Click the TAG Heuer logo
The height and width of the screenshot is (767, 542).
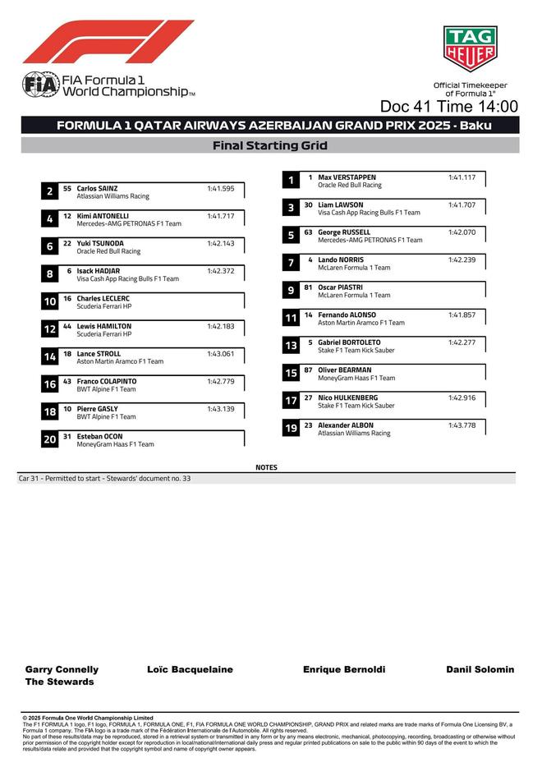470,49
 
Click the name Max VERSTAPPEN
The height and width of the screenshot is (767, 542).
347,177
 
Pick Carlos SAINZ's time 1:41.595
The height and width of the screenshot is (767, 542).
221,188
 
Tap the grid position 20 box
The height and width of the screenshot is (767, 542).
49,439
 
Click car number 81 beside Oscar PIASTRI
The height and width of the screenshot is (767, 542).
308,287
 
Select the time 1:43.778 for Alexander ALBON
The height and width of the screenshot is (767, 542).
462,425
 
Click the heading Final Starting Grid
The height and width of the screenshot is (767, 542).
270,146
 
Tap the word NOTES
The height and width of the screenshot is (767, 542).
267,467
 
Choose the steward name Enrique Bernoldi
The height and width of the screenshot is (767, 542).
344,669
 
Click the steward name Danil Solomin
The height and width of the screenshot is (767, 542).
480,669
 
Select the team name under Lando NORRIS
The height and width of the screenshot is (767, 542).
354,268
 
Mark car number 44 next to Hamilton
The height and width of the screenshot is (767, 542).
67,326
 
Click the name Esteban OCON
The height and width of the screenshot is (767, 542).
99,436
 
